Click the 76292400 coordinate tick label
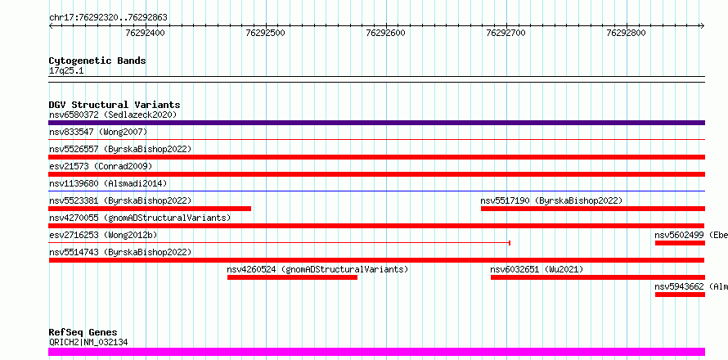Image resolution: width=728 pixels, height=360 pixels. pyautogui.click(x=145, y=33)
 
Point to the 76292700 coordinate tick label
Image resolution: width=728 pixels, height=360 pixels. pyautogui.click(x=506, y=33)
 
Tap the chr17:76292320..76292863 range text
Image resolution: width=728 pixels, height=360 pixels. pyautogui.click(x=108, y=18)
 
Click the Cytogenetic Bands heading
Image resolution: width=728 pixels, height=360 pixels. pyautogui.click(x=97, y=61)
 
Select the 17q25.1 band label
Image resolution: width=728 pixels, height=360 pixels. pyautogui.click(x=66, y=71)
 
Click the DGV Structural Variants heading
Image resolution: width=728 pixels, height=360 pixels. pyautogui.click(x=115, y=105)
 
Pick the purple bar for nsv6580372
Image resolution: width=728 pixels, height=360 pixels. pyautogui.click(x=376, y=123)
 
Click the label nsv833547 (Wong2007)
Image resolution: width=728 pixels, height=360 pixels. pyautogui.click(x=98, y=133)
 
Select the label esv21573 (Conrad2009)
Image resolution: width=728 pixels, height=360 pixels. pyautogui.click(x=101, y=166)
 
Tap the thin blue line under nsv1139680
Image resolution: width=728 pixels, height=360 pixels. pyautogui.click(x=376, y=191)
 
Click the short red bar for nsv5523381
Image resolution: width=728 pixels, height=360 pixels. pyautogui.click(x=150, y=209)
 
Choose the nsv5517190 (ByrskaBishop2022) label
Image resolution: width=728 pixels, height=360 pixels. pyautogui.click(x=551, y=200)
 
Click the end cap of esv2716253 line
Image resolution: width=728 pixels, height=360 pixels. pyautogui.click(x=510, y=242)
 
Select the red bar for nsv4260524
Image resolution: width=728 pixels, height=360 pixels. pyautogui.click(x=293, y=277)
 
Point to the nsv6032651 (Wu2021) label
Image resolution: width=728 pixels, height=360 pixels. pyautogui.click(x=537, y=269)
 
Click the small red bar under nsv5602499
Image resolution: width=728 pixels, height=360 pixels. pyautogui.click(x=681, y=243)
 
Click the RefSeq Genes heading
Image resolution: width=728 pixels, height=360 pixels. pyautogui.click(x=83, y=333)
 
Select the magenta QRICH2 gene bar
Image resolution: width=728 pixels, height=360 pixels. pyautogui.click(x=376, y=352)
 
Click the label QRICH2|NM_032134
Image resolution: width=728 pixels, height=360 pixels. pyautogui.click(x=88, y=343)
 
